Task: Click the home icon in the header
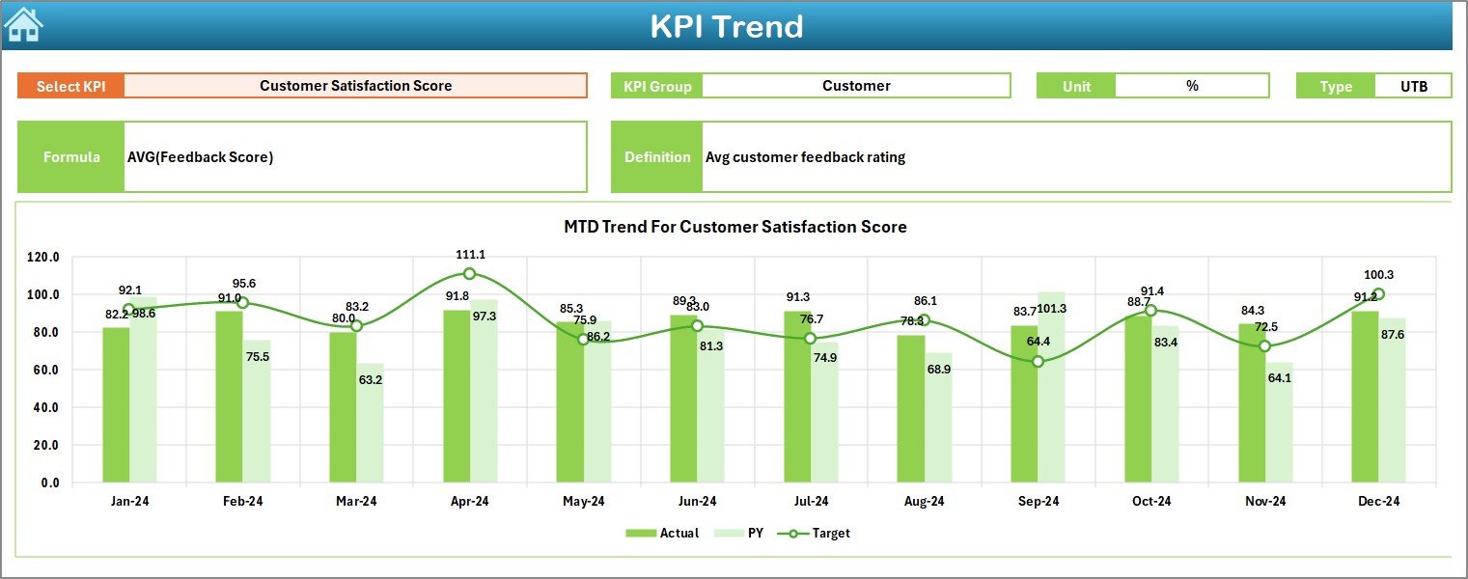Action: pos(23,24)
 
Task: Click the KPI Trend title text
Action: pos(726,26)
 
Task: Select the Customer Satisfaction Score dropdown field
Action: pos(355,85)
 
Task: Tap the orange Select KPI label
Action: pos(70,86)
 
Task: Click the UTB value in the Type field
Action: pos(1413,86)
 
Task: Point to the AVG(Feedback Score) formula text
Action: pos(200,157)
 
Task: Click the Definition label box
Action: pos(656,157)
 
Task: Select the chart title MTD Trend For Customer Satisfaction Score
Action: pos(734,227)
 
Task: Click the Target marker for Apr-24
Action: pos(469,274)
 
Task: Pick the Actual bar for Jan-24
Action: pos(116,405)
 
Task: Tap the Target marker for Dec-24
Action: pos(1378,294)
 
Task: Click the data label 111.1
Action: pos(471,254)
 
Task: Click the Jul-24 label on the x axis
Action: pos(811,502)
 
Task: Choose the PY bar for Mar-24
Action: pos(371,425)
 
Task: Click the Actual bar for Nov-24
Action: pos(1252,405)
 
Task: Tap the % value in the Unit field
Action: pos(1192,86)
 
